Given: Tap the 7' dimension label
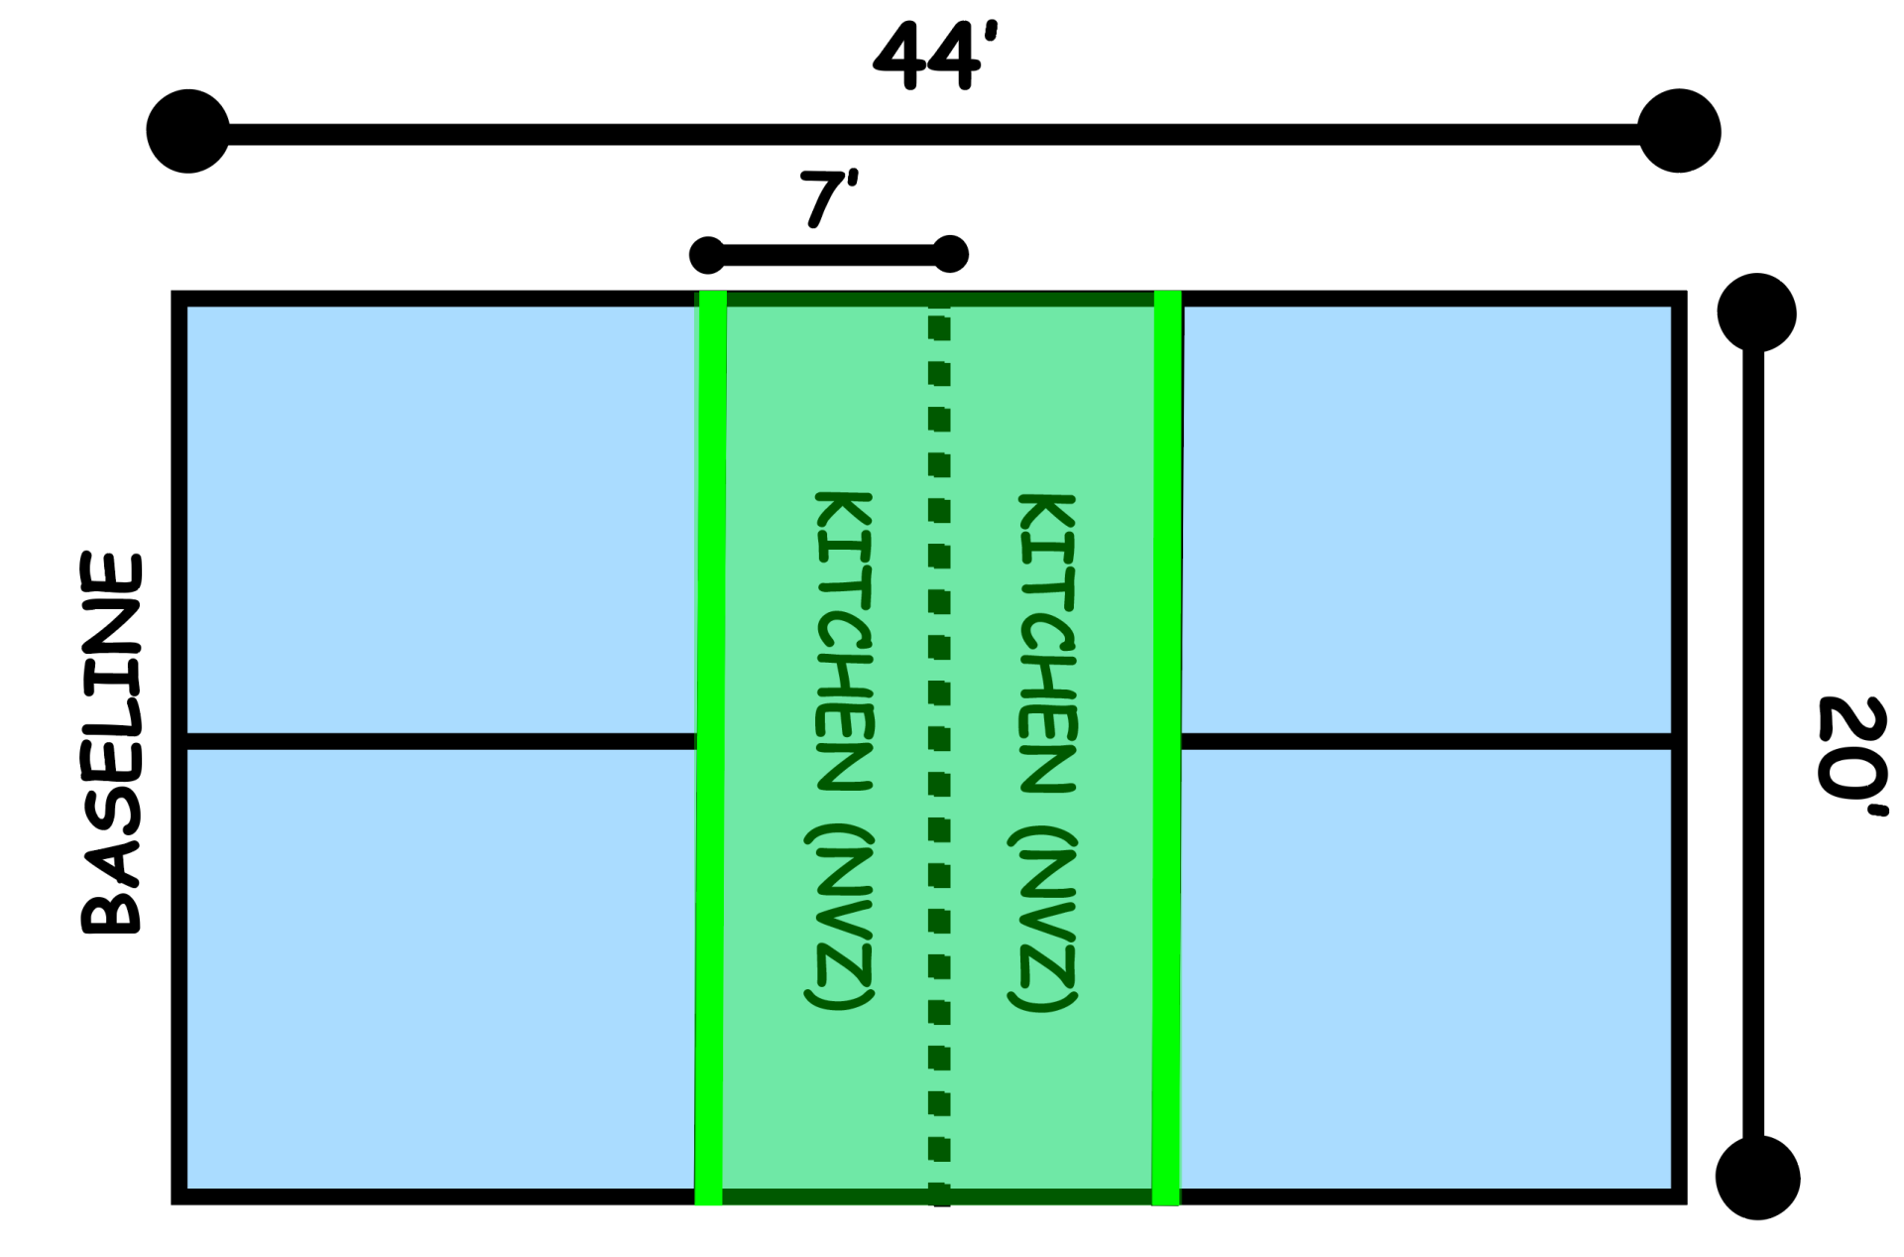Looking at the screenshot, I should pyautogui.click(x=828, y=198).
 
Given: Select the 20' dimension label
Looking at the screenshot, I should pyautogui.click(x=1852, y=756).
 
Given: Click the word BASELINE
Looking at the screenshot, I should pyautogui.click(x=111, y=744).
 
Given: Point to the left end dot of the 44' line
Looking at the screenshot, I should pyautogui.click(x=188, y=131).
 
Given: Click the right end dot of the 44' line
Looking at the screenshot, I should pyautogui.click(x=1679, y=131).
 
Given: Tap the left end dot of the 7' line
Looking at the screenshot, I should pyautogui.click(x=708, y=255).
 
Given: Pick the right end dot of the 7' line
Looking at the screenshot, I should pyautogui.click(x=950, y=254).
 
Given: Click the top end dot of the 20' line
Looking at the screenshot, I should pyautogui.click(x=1756, y=313).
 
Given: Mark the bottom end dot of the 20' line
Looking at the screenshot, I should pyautogui.click(x=1757, y=1178).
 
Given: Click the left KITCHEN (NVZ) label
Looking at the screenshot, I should pyautogui.click(x=841, y=750).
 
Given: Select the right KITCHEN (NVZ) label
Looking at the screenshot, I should pyautogui.click(x=1045, y=752).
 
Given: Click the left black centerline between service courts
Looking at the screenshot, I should pyautogui.click(x=441, y=741).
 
